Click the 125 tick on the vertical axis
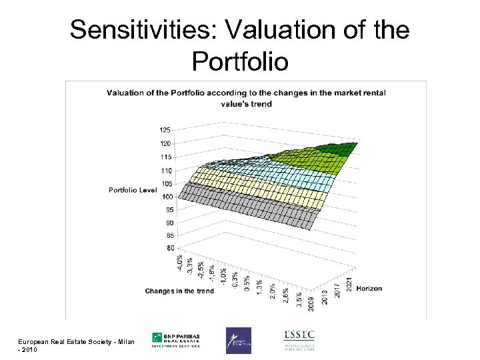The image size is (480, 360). click(x=164, y=129)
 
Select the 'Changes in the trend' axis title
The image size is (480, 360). click(x=179, y=291)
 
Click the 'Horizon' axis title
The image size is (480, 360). click(x=369, y=289)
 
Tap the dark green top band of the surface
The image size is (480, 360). click(x=337, y=149)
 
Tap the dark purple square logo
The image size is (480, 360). click(x=238, y=340)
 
